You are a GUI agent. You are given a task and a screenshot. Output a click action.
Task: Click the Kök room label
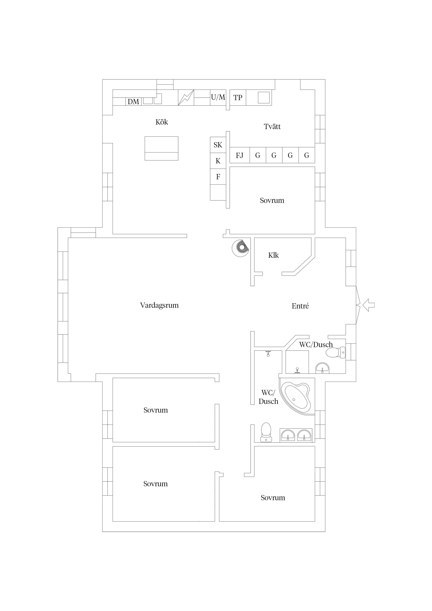tap(162, 122)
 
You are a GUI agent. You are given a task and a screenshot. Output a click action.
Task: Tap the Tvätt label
tap(272, 126)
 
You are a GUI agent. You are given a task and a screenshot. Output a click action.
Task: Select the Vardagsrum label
tap(159, 305)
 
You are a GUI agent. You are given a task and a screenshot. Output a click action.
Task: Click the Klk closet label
tap(273, 255)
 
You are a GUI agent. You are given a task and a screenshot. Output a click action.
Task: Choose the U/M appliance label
tap(218, 97)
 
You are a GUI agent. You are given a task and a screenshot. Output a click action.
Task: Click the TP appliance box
tap(238, 98)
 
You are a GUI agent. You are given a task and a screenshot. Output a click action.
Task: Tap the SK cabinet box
tap(218, 145)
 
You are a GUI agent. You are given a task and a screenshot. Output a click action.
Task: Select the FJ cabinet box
tap(240, 155)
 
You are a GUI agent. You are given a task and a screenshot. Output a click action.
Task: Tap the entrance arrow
tap(369, 305)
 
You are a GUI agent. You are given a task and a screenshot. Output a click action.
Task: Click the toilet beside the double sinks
tap(266, 432)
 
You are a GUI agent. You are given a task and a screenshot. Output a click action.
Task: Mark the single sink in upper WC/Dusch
tap(322, 368)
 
